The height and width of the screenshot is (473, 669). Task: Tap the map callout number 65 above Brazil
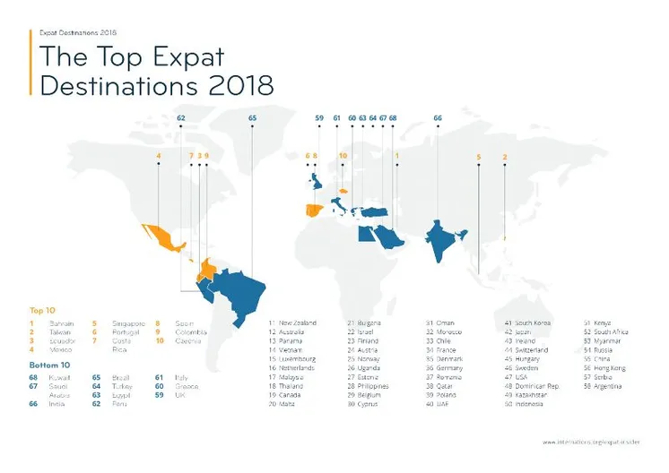click(252, 117)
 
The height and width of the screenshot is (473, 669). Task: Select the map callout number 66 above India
click(438, 117)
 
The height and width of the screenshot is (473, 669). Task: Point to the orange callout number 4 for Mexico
click(159, 156)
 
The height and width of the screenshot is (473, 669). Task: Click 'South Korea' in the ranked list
click(534, 322)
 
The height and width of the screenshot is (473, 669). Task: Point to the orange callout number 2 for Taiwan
click(505, 156)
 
